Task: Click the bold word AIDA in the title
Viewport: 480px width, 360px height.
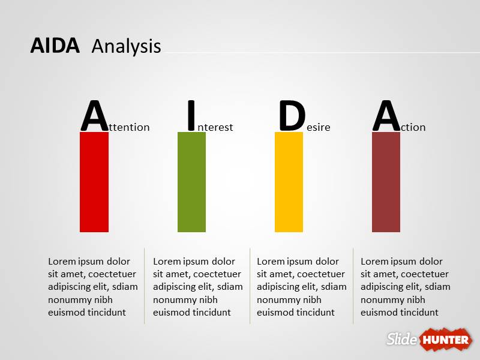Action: (x=55, y=46)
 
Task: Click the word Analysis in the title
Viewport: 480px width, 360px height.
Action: (x=127, y=47)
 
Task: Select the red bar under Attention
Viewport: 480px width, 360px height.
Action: (x=94, y=182)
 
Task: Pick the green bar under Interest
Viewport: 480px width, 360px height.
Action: (x=191, y=182)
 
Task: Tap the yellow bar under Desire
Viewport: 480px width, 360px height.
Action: (x=289, y=182)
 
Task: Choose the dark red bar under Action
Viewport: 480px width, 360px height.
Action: (x=386, y=182)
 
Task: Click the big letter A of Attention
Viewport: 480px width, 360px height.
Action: (x=95, y=116)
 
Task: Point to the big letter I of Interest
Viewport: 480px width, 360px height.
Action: (x=191, y=116)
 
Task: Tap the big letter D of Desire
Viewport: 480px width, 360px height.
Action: (x=292, y=116)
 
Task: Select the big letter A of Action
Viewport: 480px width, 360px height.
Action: (x=386, y=116)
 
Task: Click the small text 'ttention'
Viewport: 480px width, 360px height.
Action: (x=129, y=127)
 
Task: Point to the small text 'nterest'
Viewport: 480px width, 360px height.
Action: (x=215, y=127)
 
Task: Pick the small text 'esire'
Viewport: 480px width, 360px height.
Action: (x=319, y=127)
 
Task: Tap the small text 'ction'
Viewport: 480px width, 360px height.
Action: (x=413, y=127)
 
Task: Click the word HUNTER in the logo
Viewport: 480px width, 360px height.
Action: (x=446, y=340)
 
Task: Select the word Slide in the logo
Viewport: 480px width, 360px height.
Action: (x=401, y=339)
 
